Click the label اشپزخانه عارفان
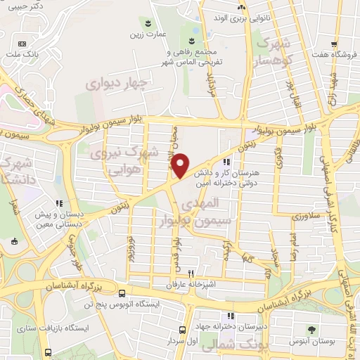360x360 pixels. pos(189,285)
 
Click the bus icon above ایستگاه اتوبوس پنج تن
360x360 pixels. pos(123,293)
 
